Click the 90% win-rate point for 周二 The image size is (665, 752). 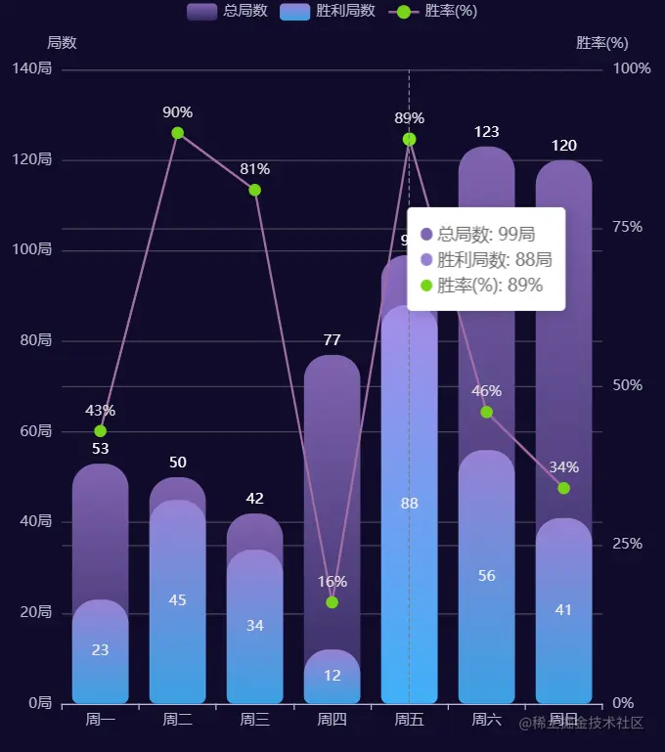point(177,133)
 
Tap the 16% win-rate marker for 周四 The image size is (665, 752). point(332,602)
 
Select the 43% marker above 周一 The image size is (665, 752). point(100,431)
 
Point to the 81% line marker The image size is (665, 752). point(254,190)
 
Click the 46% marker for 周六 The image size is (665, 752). point(487,412)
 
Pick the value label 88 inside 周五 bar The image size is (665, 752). point(409,504)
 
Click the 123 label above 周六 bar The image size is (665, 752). point(486,132)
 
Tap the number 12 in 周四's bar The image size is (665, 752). point(332,675)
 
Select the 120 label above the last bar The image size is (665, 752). point(563,146)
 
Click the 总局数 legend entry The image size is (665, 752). point(227,11)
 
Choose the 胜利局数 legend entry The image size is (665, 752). point(328,11)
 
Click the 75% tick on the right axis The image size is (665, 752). point(627,227)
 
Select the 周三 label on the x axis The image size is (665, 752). point(254,720)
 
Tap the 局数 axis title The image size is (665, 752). point(62,43)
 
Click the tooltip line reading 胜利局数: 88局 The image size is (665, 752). point(494,260)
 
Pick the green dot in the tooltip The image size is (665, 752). point(425,286)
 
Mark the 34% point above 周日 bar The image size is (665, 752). point(563,488)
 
